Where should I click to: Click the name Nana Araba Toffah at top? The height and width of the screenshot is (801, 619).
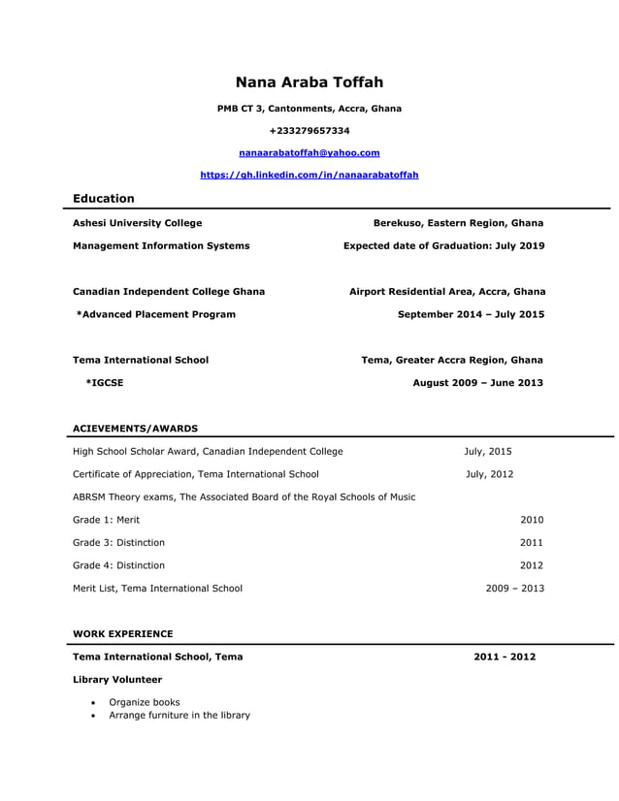pyautogui.click(x=309, y=82)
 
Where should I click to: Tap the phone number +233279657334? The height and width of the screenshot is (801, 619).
pyautogui.click(x=309, y=130)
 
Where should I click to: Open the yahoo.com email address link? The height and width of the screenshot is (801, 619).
pyautogui.click(x=309, y=152)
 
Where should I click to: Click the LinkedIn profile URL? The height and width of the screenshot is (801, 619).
pyautogui.click(x=309, y=175)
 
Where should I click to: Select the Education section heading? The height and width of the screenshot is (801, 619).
pyautogui.click(x=104, y=199)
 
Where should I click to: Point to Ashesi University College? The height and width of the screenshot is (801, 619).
pyautogui.click(x=138, y=223)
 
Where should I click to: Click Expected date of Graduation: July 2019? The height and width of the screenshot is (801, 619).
pyautogui.click(x=443, y=246)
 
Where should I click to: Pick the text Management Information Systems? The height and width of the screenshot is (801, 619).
pyautogui.click(x=161, y=246)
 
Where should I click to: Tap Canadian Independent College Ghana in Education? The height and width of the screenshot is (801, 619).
pyautogui.click(x=169, y=291)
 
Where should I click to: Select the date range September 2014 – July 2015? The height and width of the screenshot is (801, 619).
pyautogui.click(x=471, y=314)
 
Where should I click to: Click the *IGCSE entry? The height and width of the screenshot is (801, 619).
pyautogui.click(x=105, y=383)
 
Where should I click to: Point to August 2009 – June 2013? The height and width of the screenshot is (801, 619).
pyautogui.click(x=477, y=383)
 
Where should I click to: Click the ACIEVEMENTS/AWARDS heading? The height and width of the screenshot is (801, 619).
pyautogui.click(x=135, y=428)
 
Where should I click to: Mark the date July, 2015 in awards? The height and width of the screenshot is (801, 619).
pyautogui.click(x=487, y=451)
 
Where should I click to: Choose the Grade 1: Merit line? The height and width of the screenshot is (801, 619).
pyautogui.click(x=106, y=520)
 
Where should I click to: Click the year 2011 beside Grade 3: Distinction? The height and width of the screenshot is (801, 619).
pyautogui.click(x=531, y=542)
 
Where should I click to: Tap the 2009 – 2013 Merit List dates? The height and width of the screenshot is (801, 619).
pyautogui.click(x=514, y=588)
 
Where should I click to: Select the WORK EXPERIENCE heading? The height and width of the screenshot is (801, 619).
pyautogui.click(x=122, y=634)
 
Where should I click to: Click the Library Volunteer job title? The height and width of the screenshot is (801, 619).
pyautogui.click(x=116, y=680)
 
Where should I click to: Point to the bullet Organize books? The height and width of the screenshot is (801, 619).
pyautogui.click(x=144, y=702)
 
